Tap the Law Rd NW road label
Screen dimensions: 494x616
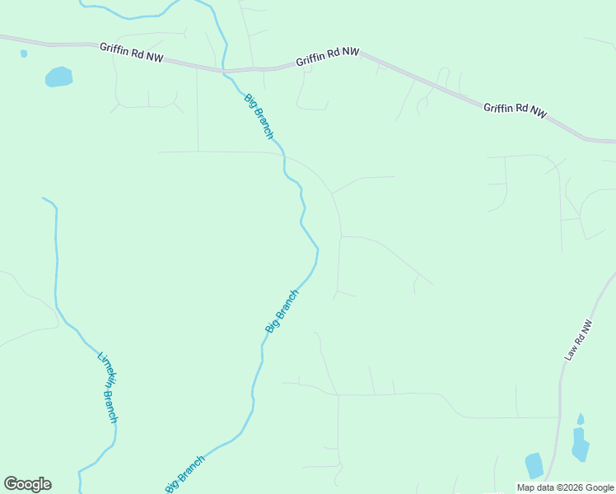pyautogui.click(x=579, y=340)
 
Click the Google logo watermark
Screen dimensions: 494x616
pyautogui.click(x=27, y=484)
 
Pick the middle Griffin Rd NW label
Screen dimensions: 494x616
pyautogui.click(x=329, y=56)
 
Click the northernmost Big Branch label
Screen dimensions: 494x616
pyautogui.click(x=259, y=116)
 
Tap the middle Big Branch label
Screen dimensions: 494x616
pyautogui.click(x=282, y=310)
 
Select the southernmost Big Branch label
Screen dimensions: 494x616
pyautogui.click(x=185, y=474)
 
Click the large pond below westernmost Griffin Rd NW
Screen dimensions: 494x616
pyautogui.click(x=58, y=77)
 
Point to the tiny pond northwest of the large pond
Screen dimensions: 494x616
pyautogui.click(x=24, y=54)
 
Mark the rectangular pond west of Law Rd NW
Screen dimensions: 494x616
pyautogui.click(x=534, y=465)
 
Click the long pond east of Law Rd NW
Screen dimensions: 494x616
pyautogui.click(x=580, y=445)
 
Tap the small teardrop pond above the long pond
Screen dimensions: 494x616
pyautogui.click(x=581, y=419)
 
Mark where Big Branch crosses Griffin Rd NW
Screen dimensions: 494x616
pyautogui.click(x=224, y=72)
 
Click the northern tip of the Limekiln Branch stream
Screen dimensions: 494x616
pyautogui.click(x=44, y=198)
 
